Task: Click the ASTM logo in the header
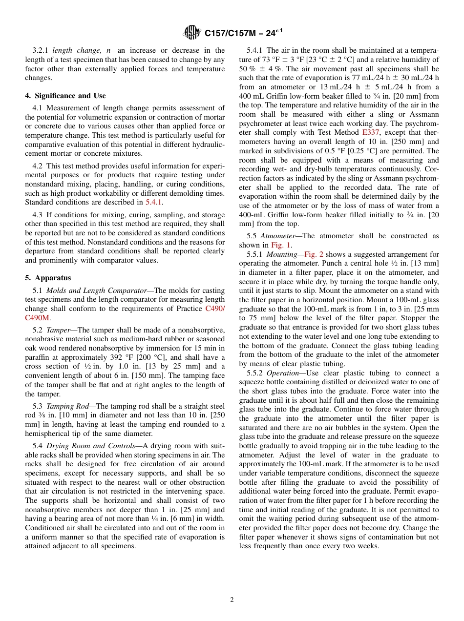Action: pyautogui.click(x=192, y=33)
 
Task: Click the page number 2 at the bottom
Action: pyautogui.click(x=232, y=600)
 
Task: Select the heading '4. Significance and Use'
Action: pyautogui.click(x=65, y=96)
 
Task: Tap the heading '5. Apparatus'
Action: pyautogui.click(x=48, y=278)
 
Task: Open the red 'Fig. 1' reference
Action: pyautogui.click(x=281, y=245)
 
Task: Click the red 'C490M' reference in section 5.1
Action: pyautogui.click(x=37, y=318)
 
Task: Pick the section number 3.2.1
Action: pyautogui.click(x=41, y=50)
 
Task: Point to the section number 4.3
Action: pyautogui.click(x=38, y=215)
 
